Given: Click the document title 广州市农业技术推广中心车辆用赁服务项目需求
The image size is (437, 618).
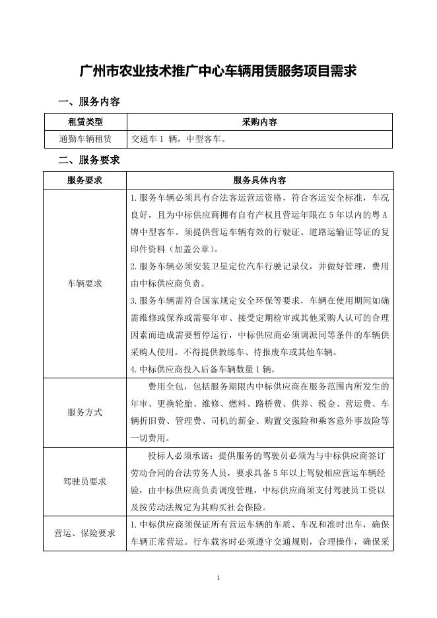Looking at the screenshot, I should click(x=218, y=71).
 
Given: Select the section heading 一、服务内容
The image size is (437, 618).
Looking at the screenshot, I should click(x=89, y=102).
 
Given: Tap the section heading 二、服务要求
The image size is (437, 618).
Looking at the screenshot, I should click(x=89, y=160).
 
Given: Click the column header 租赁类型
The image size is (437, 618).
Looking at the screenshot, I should click(x=85, y=122).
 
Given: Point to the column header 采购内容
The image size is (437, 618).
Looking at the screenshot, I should click(x=259, y=122).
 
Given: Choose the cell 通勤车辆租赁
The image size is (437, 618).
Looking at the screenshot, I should click(x=85, y=139).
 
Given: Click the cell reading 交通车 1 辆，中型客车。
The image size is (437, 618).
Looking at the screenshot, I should click(x=178, y=139).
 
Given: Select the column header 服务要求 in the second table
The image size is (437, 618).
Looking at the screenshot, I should click(x=85, y=180).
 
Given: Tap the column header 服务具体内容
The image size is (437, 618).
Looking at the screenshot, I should click(x=259, y=180).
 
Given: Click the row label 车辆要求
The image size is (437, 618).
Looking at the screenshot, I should click(x=85, y=283).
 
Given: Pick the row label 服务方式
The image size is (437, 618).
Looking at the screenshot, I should click(x=85, y=412).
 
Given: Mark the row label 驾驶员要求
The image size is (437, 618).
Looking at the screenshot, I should click(x=85, y=481).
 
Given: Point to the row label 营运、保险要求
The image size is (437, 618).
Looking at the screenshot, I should click(x=85, y=533).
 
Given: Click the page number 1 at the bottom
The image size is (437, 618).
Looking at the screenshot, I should click(x=218, y=578).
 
